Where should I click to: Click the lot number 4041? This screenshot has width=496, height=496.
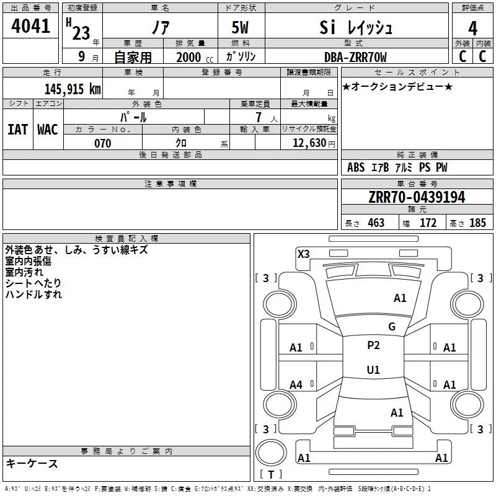30,26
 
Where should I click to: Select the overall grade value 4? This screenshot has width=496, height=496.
472,28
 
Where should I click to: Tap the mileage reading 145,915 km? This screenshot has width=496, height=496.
73,89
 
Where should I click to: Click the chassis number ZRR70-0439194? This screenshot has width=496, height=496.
417,197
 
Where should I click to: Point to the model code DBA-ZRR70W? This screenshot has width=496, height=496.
355,57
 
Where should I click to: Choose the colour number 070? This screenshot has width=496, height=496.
103,143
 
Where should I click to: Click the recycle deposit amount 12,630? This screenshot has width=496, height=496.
309,143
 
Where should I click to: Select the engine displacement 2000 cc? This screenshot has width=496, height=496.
195,58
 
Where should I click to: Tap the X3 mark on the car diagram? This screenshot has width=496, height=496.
303,254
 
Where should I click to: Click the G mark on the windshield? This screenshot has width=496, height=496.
392,327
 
